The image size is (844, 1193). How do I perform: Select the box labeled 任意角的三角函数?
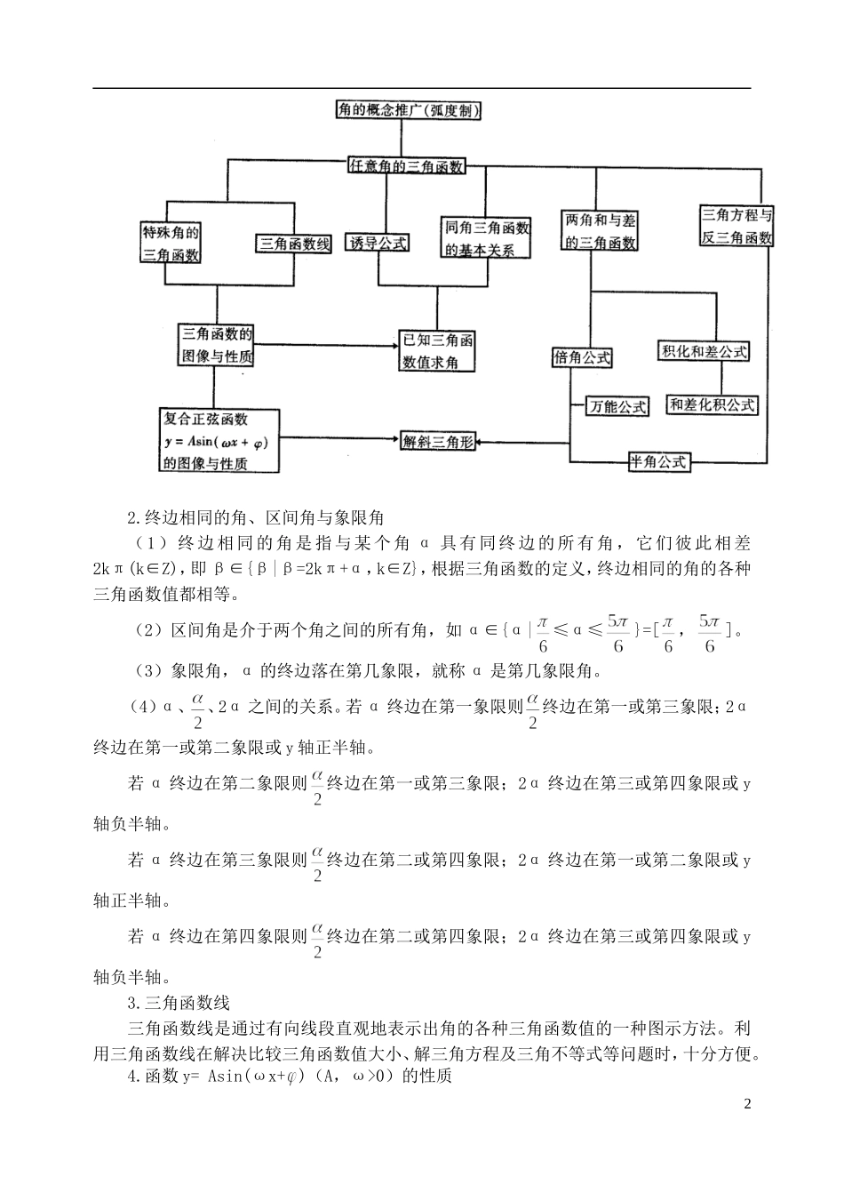click(x=406, y=166)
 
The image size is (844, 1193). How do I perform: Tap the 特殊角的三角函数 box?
click(x=171, y=244)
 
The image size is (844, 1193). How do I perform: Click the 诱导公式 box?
click(x=378, y=243)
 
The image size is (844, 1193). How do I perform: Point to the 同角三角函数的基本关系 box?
click(x=488, y=238)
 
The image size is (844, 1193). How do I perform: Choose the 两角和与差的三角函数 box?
click(x=601, y=231)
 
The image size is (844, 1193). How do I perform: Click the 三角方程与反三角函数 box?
click(x=737, y=227)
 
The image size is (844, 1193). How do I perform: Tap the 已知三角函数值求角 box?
click(x=437, y=351)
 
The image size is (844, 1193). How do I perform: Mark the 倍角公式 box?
click(x=582, y=357)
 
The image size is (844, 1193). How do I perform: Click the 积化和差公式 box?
click(x=704, y=351)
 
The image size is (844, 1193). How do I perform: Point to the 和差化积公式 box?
click(x=713, y=404)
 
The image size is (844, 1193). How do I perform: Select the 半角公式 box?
click(x=658, y=461)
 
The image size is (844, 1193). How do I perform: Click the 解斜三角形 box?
click(x=438, y=441)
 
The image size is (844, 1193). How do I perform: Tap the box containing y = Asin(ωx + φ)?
click(x=217, y=441)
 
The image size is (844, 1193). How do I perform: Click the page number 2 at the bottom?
click(x=746, y=1104)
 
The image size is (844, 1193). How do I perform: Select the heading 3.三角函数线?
click(x=179, y=1002)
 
